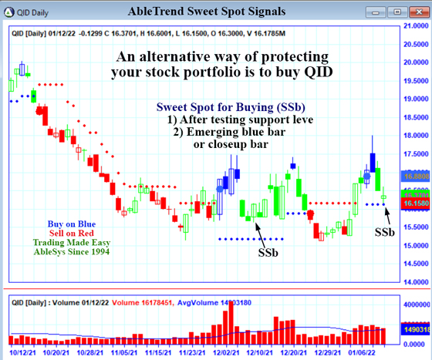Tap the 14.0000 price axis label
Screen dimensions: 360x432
410,282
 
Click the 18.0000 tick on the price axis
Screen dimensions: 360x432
410,136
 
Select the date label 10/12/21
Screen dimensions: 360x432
21,352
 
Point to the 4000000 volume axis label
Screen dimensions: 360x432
411,304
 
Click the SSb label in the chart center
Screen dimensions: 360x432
268,251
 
